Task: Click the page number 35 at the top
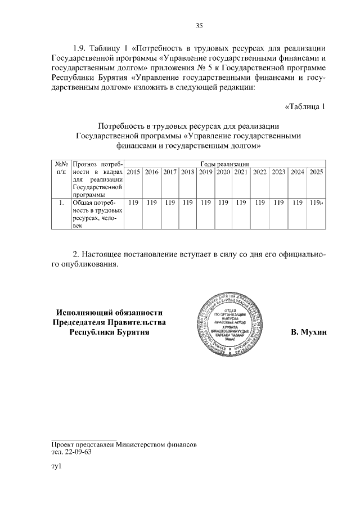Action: coord(199,25)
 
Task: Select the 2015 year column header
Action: coord(133,172)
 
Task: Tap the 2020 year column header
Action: coord(224,172)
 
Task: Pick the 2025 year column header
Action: coord(317,172)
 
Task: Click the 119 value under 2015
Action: coord(133,202)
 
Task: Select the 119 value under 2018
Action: coord(188,202)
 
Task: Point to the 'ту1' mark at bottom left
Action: coord(56,467)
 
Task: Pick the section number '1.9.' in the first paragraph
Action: coord(82,47)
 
